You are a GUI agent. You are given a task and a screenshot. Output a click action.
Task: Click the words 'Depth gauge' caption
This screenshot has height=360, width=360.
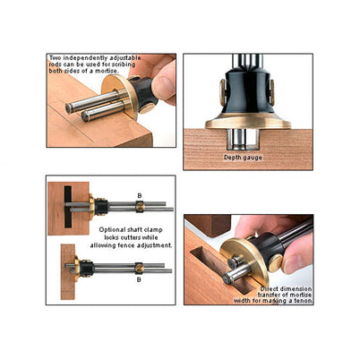tap(243, 158)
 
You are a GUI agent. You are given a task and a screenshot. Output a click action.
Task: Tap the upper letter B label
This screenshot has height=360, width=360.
tap(140, 196)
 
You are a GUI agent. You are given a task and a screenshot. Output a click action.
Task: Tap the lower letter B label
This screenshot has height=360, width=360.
tap(139, 279)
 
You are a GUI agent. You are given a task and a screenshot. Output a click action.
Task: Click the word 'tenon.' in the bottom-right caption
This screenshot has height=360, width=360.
tap(304, 301)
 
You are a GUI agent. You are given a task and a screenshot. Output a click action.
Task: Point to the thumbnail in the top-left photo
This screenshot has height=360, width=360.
tap(163, 86)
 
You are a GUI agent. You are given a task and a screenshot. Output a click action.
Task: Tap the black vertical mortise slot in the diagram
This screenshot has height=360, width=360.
tap(68, 207)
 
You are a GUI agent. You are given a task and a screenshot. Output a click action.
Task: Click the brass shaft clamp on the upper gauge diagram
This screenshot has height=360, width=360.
tap(140, 206)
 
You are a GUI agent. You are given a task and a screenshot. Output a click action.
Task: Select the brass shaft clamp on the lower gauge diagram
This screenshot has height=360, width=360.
tap(139, 268)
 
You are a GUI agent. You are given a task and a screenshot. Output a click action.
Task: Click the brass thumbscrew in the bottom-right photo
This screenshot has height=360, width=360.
tap(275, 262)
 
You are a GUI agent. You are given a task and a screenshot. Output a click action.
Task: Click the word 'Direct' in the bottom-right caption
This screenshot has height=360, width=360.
tap(269, 289)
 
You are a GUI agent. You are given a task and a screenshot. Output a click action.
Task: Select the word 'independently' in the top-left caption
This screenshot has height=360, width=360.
tap(81, 58)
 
